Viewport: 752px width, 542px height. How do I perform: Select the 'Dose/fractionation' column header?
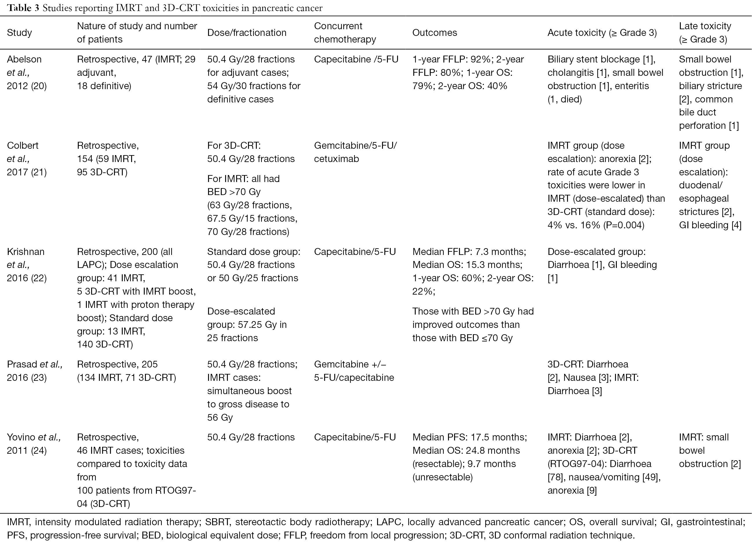click(247, 32)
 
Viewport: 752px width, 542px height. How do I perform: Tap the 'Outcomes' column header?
click(434, 32)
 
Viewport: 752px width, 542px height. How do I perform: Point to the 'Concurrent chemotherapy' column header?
click(345, 32)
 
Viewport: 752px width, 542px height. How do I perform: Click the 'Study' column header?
click(19, 32)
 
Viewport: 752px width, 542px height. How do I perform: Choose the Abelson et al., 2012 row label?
click(27, 73)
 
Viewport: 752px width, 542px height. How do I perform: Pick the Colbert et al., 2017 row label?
click(27, 159)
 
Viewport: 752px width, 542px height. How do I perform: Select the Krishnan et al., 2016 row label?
click(27, 265)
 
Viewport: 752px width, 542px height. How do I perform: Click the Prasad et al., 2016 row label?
click(34, 371)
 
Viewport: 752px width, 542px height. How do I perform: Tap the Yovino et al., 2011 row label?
click(34, 444)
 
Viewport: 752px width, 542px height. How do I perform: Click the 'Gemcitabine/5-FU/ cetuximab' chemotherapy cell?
click(355, 152)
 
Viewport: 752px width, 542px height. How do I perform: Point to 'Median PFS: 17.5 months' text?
click(469, 437)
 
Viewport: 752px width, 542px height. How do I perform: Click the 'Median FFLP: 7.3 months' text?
click(469, 251)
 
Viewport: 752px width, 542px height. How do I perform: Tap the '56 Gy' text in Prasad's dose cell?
click(220, 417)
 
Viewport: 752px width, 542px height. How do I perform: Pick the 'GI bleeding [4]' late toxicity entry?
click(710, 225)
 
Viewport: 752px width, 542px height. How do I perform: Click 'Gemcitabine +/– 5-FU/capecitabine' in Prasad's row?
click(354, 371)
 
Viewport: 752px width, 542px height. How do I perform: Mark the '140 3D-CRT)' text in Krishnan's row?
click(105, 344)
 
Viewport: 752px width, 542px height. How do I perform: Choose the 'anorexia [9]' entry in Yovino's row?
click(572, 490)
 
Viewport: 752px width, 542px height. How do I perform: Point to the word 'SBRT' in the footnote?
click(217, 522)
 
